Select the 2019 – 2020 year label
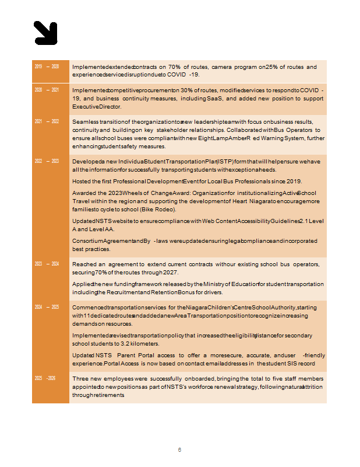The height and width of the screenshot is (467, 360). pos(47,67)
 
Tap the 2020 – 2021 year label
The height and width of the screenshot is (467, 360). pos(47,90)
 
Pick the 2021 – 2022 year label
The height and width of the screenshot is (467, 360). pos(47,121)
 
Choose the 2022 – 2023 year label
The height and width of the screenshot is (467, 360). pos(47,161)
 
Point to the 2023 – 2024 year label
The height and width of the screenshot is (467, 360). pos(47,264)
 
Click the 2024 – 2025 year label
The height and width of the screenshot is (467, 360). pos(47,306)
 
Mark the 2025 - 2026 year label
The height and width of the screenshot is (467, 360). pos(47,379)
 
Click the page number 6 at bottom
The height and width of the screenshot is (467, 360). pos(180,450)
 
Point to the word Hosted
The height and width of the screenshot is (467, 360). pos(83,181)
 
